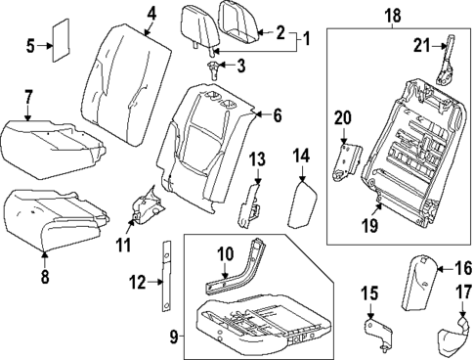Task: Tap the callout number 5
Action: point(30,45)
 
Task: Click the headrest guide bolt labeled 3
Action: point(212,67)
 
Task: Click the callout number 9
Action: point(173,338)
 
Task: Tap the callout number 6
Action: point(277,115)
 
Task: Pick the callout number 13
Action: point(256,158)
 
